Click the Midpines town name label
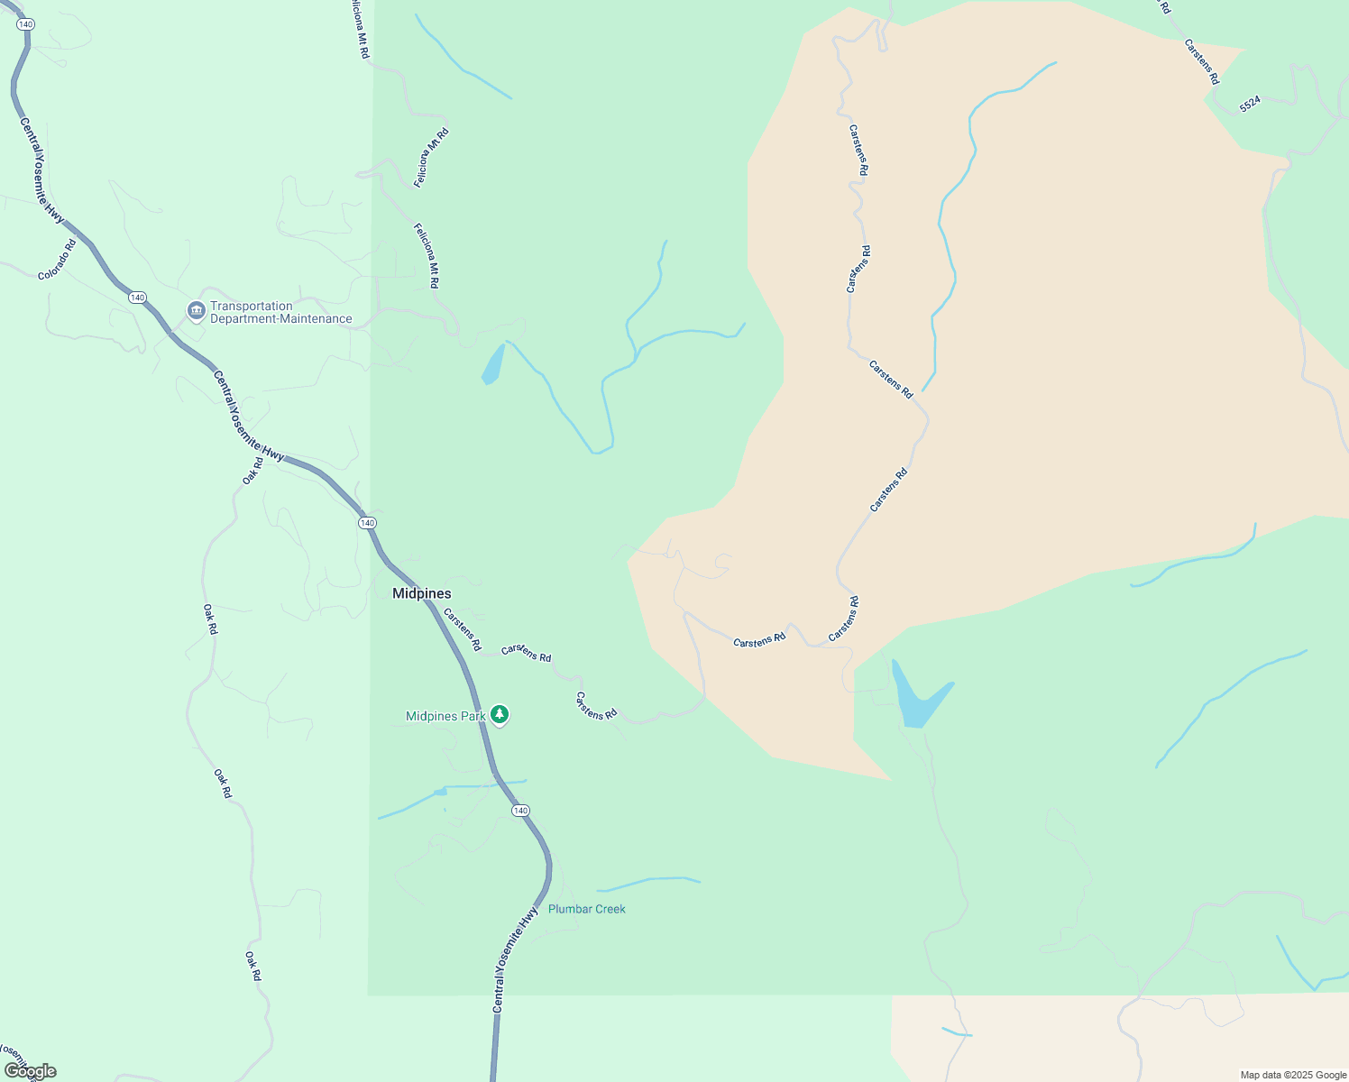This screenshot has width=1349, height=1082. [x=421, y=593]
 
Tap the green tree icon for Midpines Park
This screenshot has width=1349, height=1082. [x=500, y=715]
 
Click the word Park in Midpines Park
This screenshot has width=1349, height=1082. [x=473, y=716]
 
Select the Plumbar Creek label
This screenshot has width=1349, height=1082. [x=586, y=909]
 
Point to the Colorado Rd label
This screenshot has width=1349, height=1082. [x=57, y=260]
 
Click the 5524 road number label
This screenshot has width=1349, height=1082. [x=1250, y=104]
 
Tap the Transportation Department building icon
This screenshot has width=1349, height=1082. [x=196, y=311]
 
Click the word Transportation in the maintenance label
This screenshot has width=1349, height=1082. [x=252, y=306]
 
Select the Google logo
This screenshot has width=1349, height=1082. [x=31, y=1071]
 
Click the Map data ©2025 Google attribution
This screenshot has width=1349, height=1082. [x=1293, y=1075]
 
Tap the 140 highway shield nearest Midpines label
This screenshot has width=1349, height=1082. [x=366, y=523]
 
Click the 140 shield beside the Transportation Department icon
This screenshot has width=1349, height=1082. [x=136, y=298]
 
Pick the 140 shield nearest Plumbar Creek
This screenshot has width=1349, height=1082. [x=520, y=811]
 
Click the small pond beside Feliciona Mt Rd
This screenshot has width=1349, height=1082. [x=493, y=365]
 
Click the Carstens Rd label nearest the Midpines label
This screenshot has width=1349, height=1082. [x=463, y=629]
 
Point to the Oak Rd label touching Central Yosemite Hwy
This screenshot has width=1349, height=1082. [x=253, y=470]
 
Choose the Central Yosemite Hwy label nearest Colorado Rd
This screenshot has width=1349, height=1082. [x=42, y=170]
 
